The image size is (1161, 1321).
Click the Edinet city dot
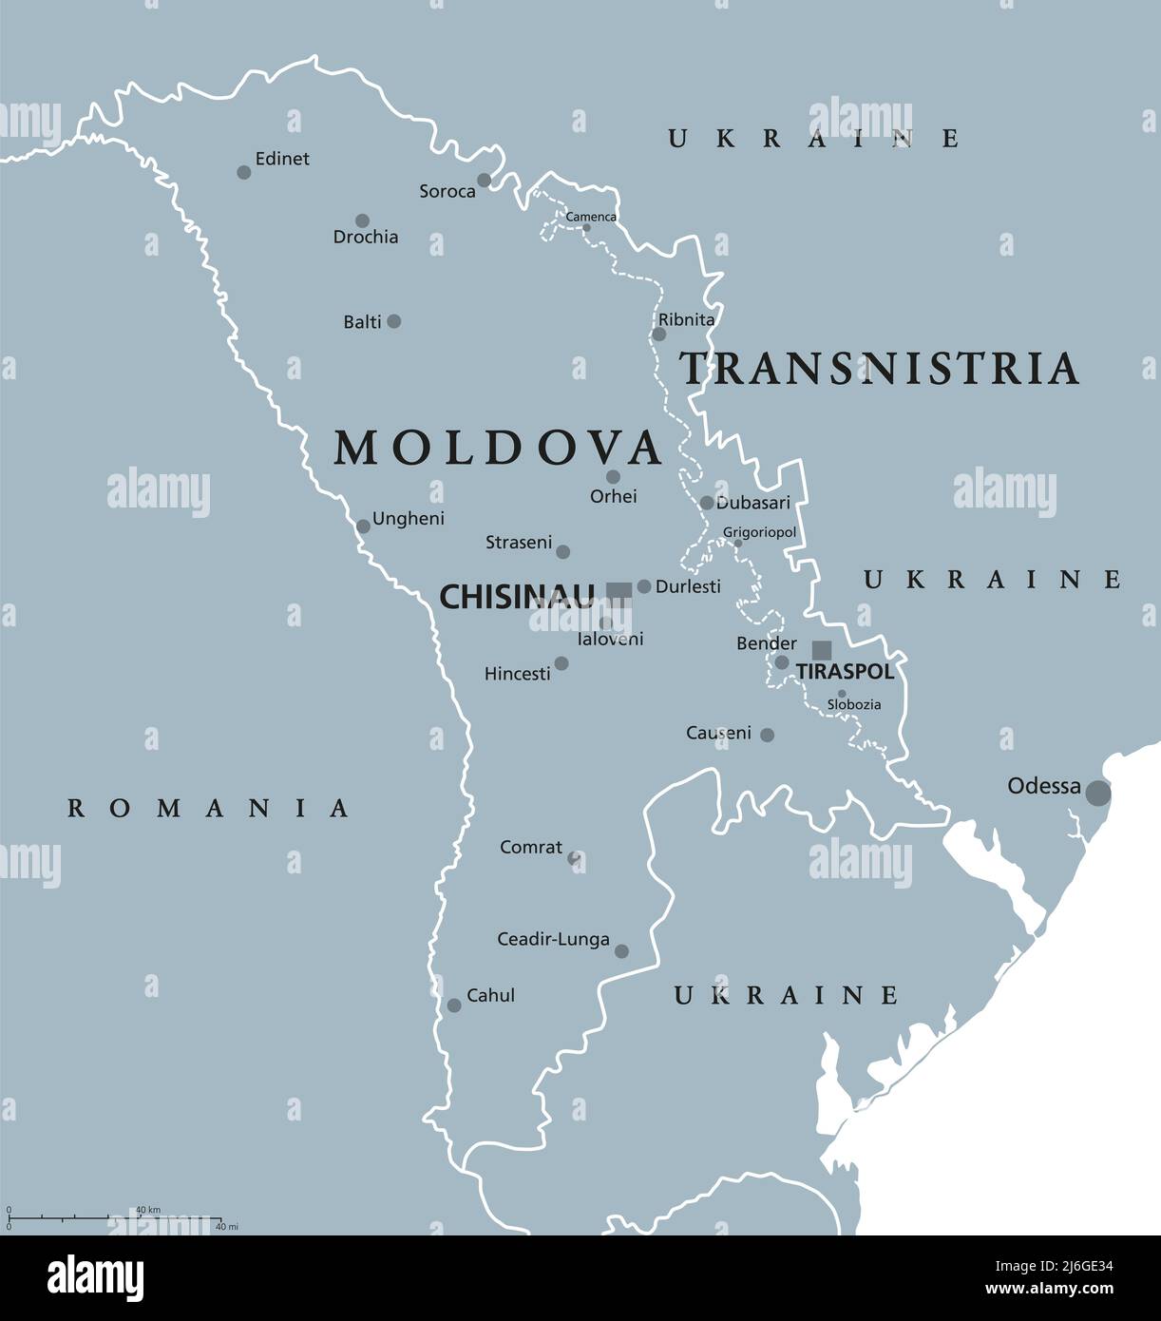(x=244, y=172)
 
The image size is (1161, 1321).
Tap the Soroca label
(x=447, y=191)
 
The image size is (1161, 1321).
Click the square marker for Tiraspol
(x=822, y=650)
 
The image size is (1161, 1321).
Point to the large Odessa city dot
(x=1098, y=792)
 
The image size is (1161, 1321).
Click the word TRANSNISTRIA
(x=879, y=369)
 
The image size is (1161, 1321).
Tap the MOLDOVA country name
(x=498, y=448)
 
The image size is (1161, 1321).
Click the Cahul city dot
(x=454, y=1005)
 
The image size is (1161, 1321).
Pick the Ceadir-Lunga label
(x=553, y=939)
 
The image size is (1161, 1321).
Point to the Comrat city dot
(x=574, y=857)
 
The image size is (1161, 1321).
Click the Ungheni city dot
(x=363, y=526)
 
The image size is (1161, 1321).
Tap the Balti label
(x=362, y=322)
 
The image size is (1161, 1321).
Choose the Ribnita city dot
(x=658, y=335)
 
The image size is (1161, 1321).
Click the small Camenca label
(x=591, y=217)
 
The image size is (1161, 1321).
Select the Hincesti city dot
(x=561, y=663)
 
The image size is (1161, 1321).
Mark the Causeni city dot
(x=767, y=735)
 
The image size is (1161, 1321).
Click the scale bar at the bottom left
(x=114, y=1217)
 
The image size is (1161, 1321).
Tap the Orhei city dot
(x=613, y=477)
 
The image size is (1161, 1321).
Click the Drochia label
(x=366, y=237)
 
